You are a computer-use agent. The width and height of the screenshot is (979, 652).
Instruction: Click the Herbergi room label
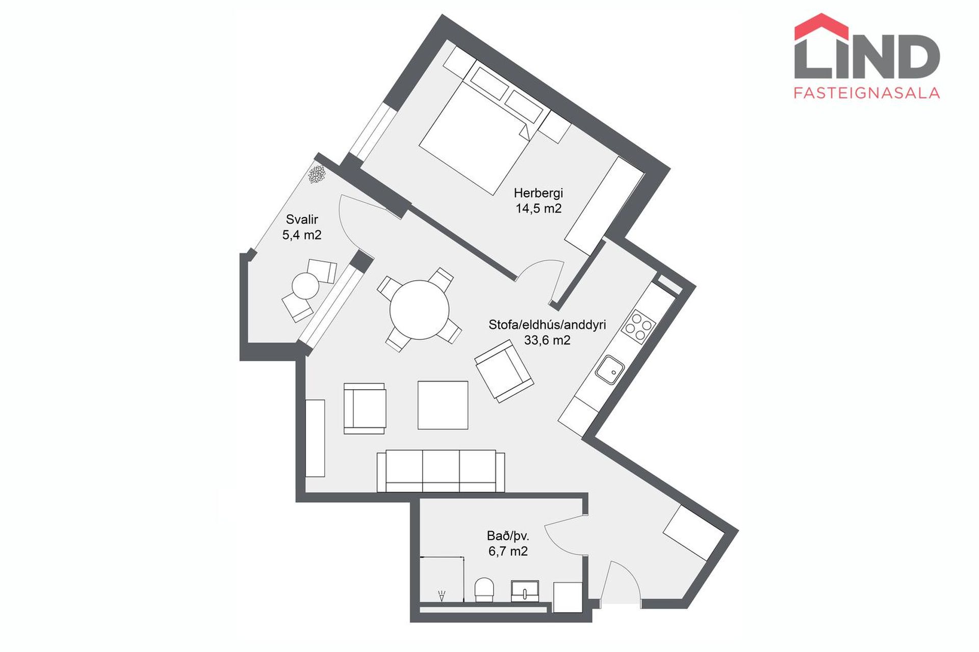(x=538, y=193)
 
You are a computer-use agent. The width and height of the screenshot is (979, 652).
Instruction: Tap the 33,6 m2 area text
(x=547, y=340)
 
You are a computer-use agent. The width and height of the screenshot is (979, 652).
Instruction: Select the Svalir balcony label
(x=302, y=220)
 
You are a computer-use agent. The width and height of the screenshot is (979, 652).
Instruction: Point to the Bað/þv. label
(x=508, y=536)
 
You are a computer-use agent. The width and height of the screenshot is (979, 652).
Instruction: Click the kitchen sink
(x=610, y=370)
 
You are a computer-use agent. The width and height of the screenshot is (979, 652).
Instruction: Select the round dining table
(x=419, y=310)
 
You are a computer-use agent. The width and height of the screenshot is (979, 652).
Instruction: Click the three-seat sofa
(x=441, y=471)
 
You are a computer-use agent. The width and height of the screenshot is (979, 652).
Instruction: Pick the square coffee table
(x=443, y=405)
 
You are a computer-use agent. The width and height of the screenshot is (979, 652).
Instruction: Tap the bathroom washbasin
(x=525, y=590)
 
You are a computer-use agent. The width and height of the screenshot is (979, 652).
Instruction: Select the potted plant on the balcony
(x=317, y=175)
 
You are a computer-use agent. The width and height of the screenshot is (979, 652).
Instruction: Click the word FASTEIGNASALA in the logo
(x=867, y=93)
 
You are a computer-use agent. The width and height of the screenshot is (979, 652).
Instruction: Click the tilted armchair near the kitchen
(x=504, y=372)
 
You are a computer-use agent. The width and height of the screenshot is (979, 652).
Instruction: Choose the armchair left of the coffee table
(x=365, y=408)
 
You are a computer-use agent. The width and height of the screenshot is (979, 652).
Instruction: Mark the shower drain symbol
(x=442, y=595)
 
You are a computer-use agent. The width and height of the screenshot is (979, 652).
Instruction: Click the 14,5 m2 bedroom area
(x=538, y=208)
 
